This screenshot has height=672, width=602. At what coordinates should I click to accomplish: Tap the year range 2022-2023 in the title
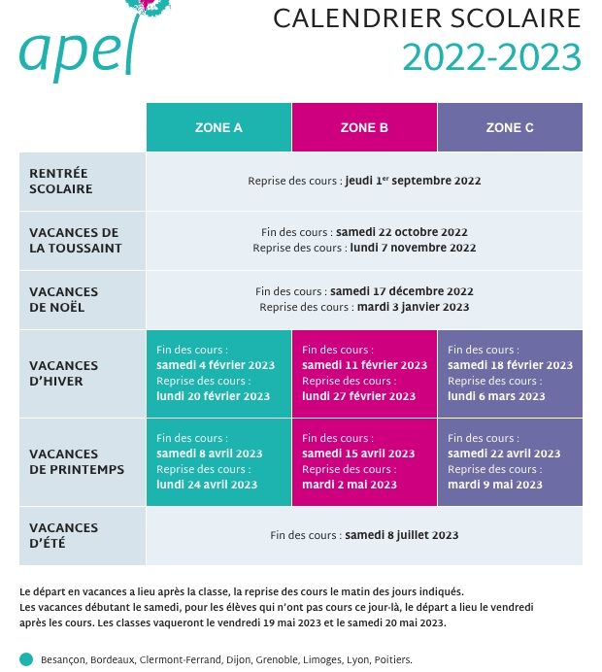click(491, 57)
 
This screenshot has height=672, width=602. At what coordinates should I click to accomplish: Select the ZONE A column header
click(218, 127)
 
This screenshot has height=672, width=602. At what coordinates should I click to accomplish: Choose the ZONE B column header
click(364, 127)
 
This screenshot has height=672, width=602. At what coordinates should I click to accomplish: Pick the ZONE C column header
click(510, 127)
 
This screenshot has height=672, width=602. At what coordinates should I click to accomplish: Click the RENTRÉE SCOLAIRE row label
click(61, 181)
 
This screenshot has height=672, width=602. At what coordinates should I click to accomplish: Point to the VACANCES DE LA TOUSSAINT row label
click(76, 241)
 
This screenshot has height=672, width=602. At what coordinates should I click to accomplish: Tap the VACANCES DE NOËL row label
click(63, 299)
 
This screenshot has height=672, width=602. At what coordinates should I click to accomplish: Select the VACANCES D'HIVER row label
click(63, 373)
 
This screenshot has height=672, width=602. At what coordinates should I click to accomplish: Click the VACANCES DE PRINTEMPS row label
click(77, 461)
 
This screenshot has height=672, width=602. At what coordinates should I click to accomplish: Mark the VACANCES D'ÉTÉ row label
click(63, 535)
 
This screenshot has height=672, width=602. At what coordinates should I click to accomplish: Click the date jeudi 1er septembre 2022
click(413, 181)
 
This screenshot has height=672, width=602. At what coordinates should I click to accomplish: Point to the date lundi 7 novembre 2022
click(413, 248)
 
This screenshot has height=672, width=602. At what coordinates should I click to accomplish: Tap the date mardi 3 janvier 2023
click(413, 307)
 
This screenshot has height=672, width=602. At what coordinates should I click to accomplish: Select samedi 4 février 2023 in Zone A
click(216, 365)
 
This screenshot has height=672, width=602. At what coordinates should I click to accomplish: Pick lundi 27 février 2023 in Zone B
click(358, 396)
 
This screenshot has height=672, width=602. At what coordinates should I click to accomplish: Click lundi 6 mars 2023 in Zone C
click(496, 396)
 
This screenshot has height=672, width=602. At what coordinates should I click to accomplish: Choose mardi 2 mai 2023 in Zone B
click(350, 485)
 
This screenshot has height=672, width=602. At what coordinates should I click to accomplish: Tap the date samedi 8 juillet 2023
click(401, 535)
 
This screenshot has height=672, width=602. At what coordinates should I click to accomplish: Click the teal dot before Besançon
click(26, 659)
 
